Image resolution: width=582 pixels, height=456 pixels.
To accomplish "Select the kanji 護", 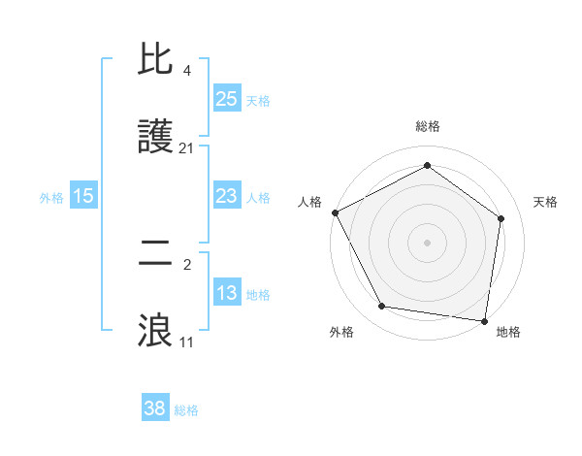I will coord(155,138).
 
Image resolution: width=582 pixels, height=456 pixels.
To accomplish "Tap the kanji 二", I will coord(155,255).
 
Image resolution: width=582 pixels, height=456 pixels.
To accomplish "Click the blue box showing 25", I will coord(227,98).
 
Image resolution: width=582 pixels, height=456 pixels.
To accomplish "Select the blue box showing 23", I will coord(227,196).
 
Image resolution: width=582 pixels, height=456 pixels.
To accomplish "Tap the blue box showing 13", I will coord(227,293).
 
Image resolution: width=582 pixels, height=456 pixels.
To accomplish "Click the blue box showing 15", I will coord(83,196).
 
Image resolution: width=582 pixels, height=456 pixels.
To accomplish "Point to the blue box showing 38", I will coord(155,408).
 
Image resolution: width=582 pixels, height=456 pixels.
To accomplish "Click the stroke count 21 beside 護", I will coord(186,148).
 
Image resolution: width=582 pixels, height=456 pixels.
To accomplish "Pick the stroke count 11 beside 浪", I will coord(186,342).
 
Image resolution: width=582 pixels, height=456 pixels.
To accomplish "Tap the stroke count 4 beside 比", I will coord(186,72).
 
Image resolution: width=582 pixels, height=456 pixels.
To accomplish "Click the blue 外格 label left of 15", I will coord(51,197).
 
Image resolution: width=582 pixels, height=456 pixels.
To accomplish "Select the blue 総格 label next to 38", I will coord(186,410).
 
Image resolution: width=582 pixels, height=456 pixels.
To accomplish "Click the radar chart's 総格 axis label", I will coord(427,126).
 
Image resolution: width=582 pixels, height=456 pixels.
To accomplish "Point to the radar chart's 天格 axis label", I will coord(545,202).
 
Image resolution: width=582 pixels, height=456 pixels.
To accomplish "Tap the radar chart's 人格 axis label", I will coord(309,202).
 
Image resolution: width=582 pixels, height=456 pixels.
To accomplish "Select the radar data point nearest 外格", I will coord(382,307).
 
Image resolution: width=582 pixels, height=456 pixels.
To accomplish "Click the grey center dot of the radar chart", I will coord(427,242).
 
